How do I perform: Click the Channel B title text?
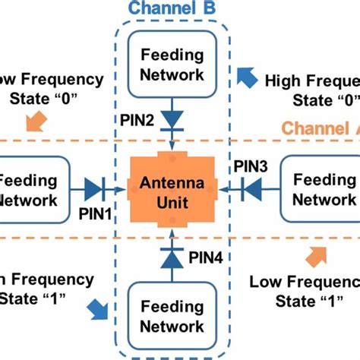click(172, 8)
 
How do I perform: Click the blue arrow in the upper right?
click(247, 77)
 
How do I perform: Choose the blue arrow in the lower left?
click(98, 308)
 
